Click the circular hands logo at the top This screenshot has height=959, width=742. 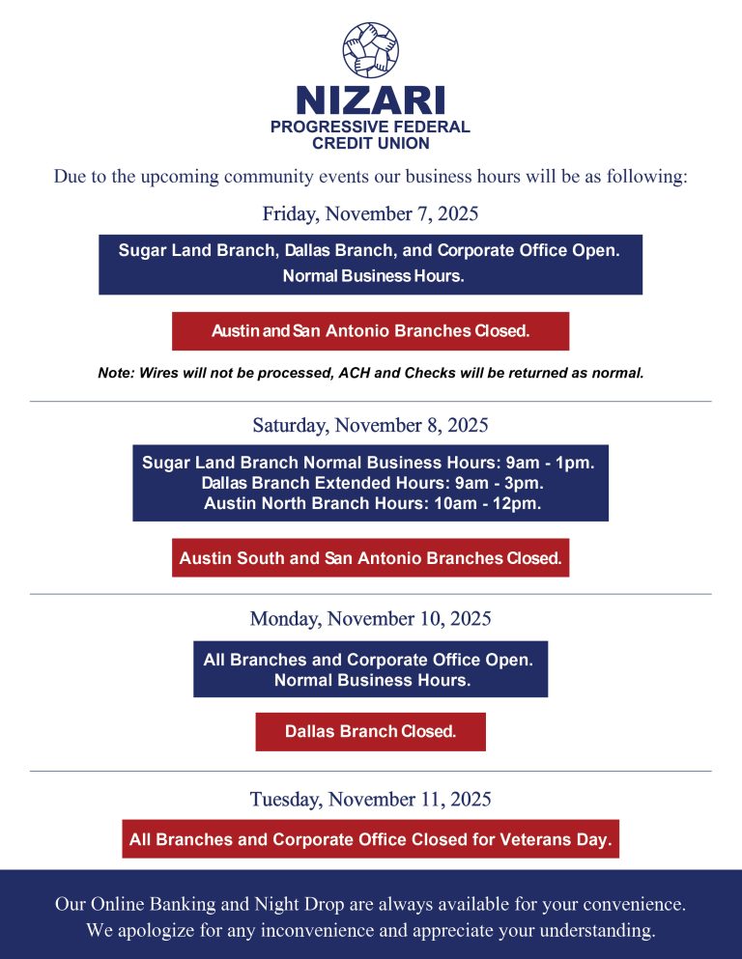click(x=370, y=50)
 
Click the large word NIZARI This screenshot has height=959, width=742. click(x=370, y=100)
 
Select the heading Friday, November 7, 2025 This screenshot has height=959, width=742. click(x=370, y=213)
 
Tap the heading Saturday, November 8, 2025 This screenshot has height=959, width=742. click(x=370, y=425)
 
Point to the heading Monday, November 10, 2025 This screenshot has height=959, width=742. click(x=370, y=618)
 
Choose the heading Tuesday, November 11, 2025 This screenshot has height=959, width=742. click(x=370, y=800)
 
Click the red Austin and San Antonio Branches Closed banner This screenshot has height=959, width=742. click(x=370, y=331)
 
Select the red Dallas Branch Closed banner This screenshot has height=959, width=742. click(x=370, y=732)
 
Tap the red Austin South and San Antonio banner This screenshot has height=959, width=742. click(x=370, y=558)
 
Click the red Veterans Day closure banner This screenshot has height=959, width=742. click(x=370, y=839)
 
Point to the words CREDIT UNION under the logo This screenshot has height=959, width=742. click(x=370, y=143)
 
